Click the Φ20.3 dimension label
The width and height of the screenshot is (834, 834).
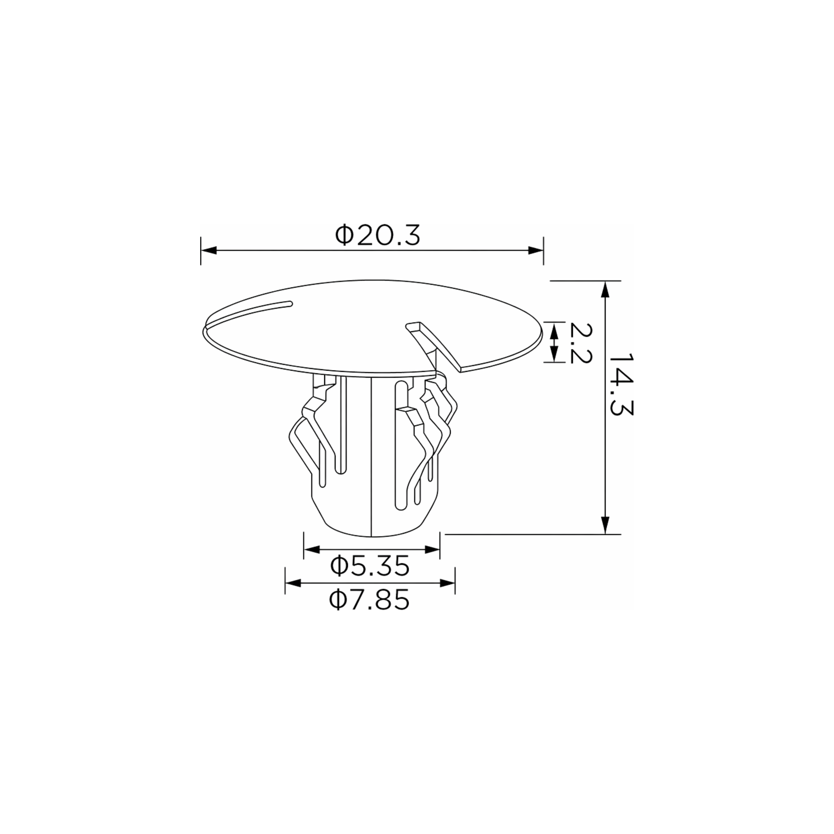pos(377,235)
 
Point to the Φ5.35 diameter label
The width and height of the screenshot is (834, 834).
pos(370,566)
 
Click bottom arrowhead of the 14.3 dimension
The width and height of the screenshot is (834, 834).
pos(605,526)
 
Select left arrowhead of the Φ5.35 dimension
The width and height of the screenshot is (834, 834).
pos(312,549)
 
